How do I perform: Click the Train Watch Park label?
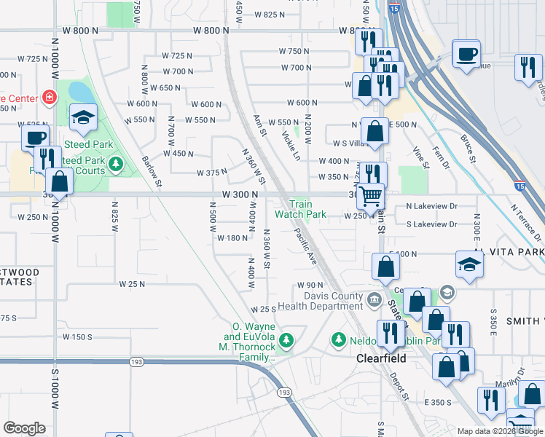(300, 210)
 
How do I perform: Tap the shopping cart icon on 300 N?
(371, 196)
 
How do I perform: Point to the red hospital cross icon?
(49, 97)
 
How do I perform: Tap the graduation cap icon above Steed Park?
(84, 117)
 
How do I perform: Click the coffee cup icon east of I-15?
(466, 53)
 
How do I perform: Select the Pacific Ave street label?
(307, 246)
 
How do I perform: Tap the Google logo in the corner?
(24, 428)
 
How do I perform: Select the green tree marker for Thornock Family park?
(287, 339)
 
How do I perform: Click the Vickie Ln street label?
(291, 146)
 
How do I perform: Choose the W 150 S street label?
(77, 336)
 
